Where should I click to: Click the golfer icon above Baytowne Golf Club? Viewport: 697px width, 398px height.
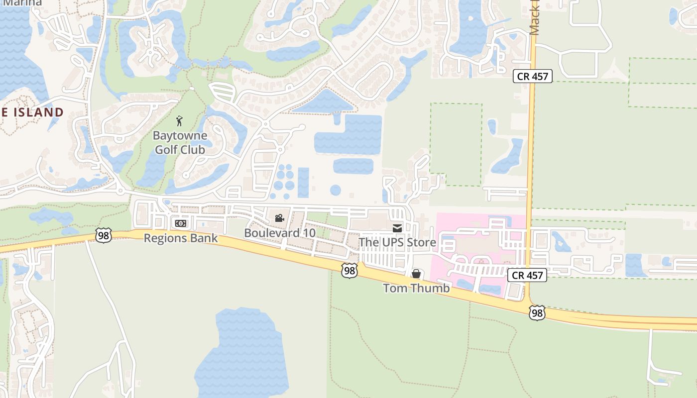click(x=179, y=121)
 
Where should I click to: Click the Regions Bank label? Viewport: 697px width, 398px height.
click(x=181, y=238)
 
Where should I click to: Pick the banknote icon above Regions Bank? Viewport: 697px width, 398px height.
click(x=181, y=223)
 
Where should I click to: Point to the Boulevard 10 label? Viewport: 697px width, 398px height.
click(x=279, y=233)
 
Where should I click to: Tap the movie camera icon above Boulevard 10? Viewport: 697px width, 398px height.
click(x=279, y=218)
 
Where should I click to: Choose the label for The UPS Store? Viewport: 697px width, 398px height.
click(x=397, y=243)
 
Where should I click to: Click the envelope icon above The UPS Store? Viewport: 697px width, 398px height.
click(x=397, y=228)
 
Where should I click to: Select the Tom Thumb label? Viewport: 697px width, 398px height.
click(x=416, y=288)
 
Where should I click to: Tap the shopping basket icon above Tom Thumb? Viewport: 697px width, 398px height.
click(x=416, y=274)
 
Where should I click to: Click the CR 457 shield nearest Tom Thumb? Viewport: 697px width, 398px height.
click(x=527, y=275)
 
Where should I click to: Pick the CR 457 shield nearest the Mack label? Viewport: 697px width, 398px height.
click(x=532, y=76)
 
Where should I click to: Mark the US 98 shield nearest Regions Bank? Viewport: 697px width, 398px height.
click(x=104, y=235)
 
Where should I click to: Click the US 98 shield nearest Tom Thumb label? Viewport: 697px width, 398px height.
click(x=349, y=271)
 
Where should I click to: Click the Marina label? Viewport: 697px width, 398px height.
click(x=22, y=2)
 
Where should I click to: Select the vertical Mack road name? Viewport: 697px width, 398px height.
click(x=535, y=17)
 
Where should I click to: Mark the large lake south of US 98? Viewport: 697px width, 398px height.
click(x=241, y=353)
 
